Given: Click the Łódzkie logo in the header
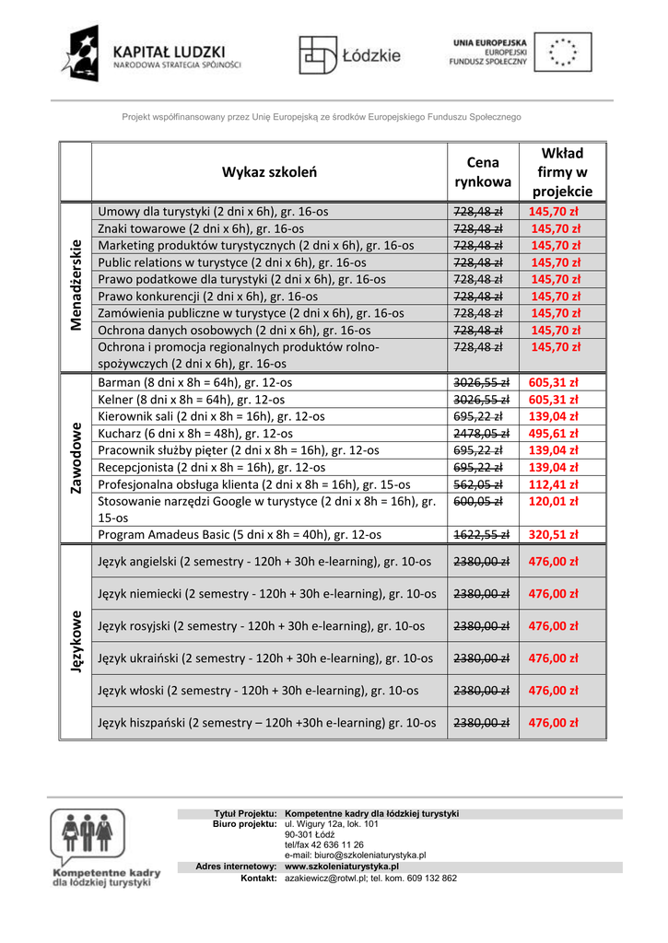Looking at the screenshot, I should coord(350,55).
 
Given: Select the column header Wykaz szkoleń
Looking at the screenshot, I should coord(269,171).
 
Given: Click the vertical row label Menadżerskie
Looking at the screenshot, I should coord(76,285).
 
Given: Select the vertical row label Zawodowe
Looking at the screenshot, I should coord(76,458).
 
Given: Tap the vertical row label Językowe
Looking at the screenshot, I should coord(76,641).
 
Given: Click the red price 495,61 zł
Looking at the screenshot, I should coord(554,433).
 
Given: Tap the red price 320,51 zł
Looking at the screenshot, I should coord(554,534).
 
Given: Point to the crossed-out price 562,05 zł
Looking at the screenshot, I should coord(478,484).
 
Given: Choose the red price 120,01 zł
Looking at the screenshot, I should coord(554,501).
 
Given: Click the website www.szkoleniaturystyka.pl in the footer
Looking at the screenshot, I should coord(342,867).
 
